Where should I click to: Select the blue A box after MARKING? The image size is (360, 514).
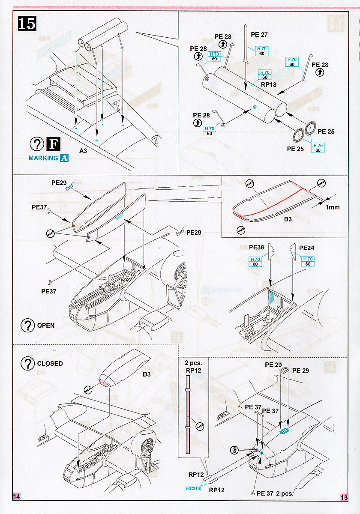[64, 158]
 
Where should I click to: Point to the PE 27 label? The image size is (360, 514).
[259, 35]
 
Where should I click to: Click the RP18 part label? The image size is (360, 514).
[269, 84]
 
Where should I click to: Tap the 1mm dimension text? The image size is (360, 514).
[332, 207]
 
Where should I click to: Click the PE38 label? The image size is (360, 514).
[256, 248]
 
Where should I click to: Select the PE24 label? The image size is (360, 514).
[307, 248]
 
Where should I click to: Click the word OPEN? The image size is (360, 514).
[46, 325]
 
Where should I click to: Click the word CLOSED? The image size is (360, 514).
[50, 363]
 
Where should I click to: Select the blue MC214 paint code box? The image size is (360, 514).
[193, 488]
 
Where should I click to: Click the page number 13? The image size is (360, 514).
[344, 497]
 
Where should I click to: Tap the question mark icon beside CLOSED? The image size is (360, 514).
[27, 364]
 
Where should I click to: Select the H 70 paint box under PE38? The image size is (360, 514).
[255, 259]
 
